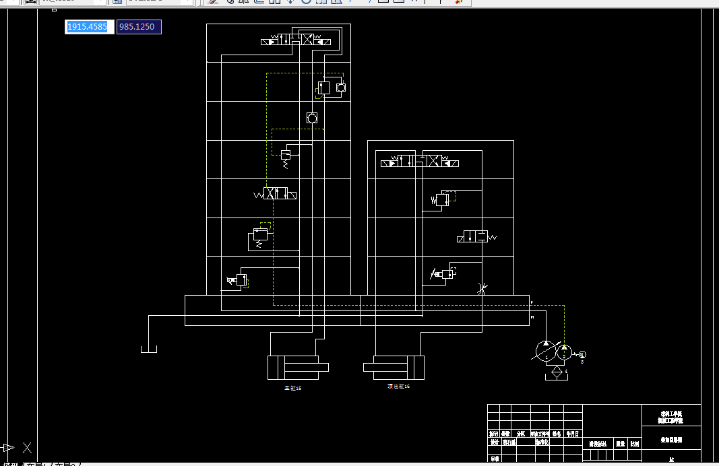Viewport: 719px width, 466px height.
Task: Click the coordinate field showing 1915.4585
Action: click(x=89, y=27)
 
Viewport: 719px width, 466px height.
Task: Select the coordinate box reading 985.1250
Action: click(x=139, y=27)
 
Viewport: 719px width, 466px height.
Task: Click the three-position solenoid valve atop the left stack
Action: click(x=296, y=40)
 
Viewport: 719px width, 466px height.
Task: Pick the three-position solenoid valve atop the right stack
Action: click(x=421, y=162)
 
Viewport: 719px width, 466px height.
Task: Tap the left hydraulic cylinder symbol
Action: click(x=297, y=367)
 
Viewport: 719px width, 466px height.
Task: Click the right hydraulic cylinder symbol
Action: click(x=394, y=367)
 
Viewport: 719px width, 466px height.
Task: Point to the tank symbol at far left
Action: click(x=149, y=347)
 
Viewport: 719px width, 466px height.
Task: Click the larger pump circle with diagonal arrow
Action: click(x=546, y=351)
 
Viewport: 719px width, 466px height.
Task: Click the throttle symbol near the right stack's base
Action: click(x=481, y=288)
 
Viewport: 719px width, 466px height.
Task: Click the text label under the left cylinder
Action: click(x=293, y=389)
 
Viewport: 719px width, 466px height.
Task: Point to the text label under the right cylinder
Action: click(x=398, y=387)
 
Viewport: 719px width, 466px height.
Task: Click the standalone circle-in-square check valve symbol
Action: click(x=311, y=117)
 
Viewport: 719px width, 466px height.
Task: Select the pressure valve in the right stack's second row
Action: click(x=441, y=199)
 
